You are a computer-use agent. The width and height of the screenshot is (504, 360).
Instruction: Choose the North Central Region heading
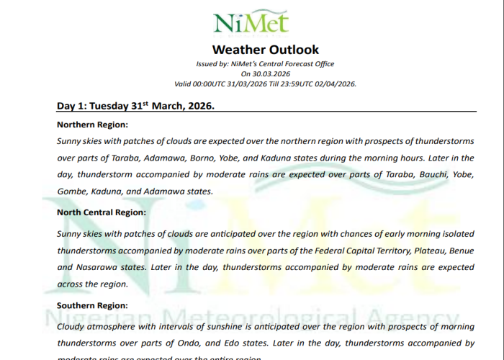(x=102, y=212)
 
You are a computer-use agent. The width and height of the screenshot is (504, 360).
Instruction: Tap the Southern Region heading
(x=92, y=305)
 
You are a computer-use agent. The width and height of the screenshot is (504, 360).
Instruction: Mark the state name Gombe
(x=71, y=192)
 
